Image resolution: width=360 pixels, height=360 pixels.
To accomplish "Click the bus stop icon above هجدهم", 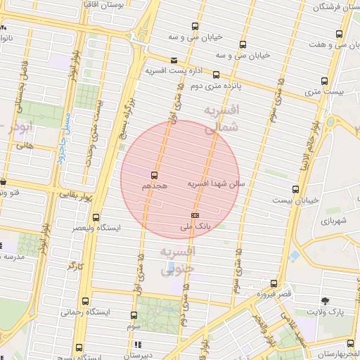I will (154, 175).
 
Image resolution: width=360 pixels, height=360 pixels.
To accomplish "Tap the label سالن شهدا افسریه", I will (215, 184).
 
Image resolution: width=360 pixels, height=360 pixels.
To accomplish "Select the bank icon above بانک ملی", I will (195, 215).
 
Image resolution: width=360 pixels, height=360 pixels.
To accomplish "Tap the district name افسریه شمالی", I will (219, 120).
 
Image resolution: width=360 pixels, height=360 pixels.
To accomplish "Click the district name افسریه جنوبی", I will (179, 259).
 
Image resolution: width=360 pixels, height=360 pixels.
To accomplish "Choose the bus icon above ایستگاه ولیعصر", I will (96, 217).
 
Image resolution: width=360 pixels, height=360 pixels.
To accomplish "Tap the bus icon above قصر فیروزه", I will (274, 284).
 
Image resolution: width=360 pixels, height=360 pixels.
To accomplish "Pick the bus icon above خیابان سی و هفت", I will (340, 34).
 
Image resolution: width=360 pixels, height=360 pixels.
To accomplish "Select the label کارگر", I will (76, 266).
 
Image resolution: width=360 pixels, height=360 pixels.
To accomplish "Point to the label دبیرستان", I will (157, 355).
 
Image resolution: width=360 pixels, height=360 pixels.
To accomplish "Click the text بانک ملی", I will (195, 226).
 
